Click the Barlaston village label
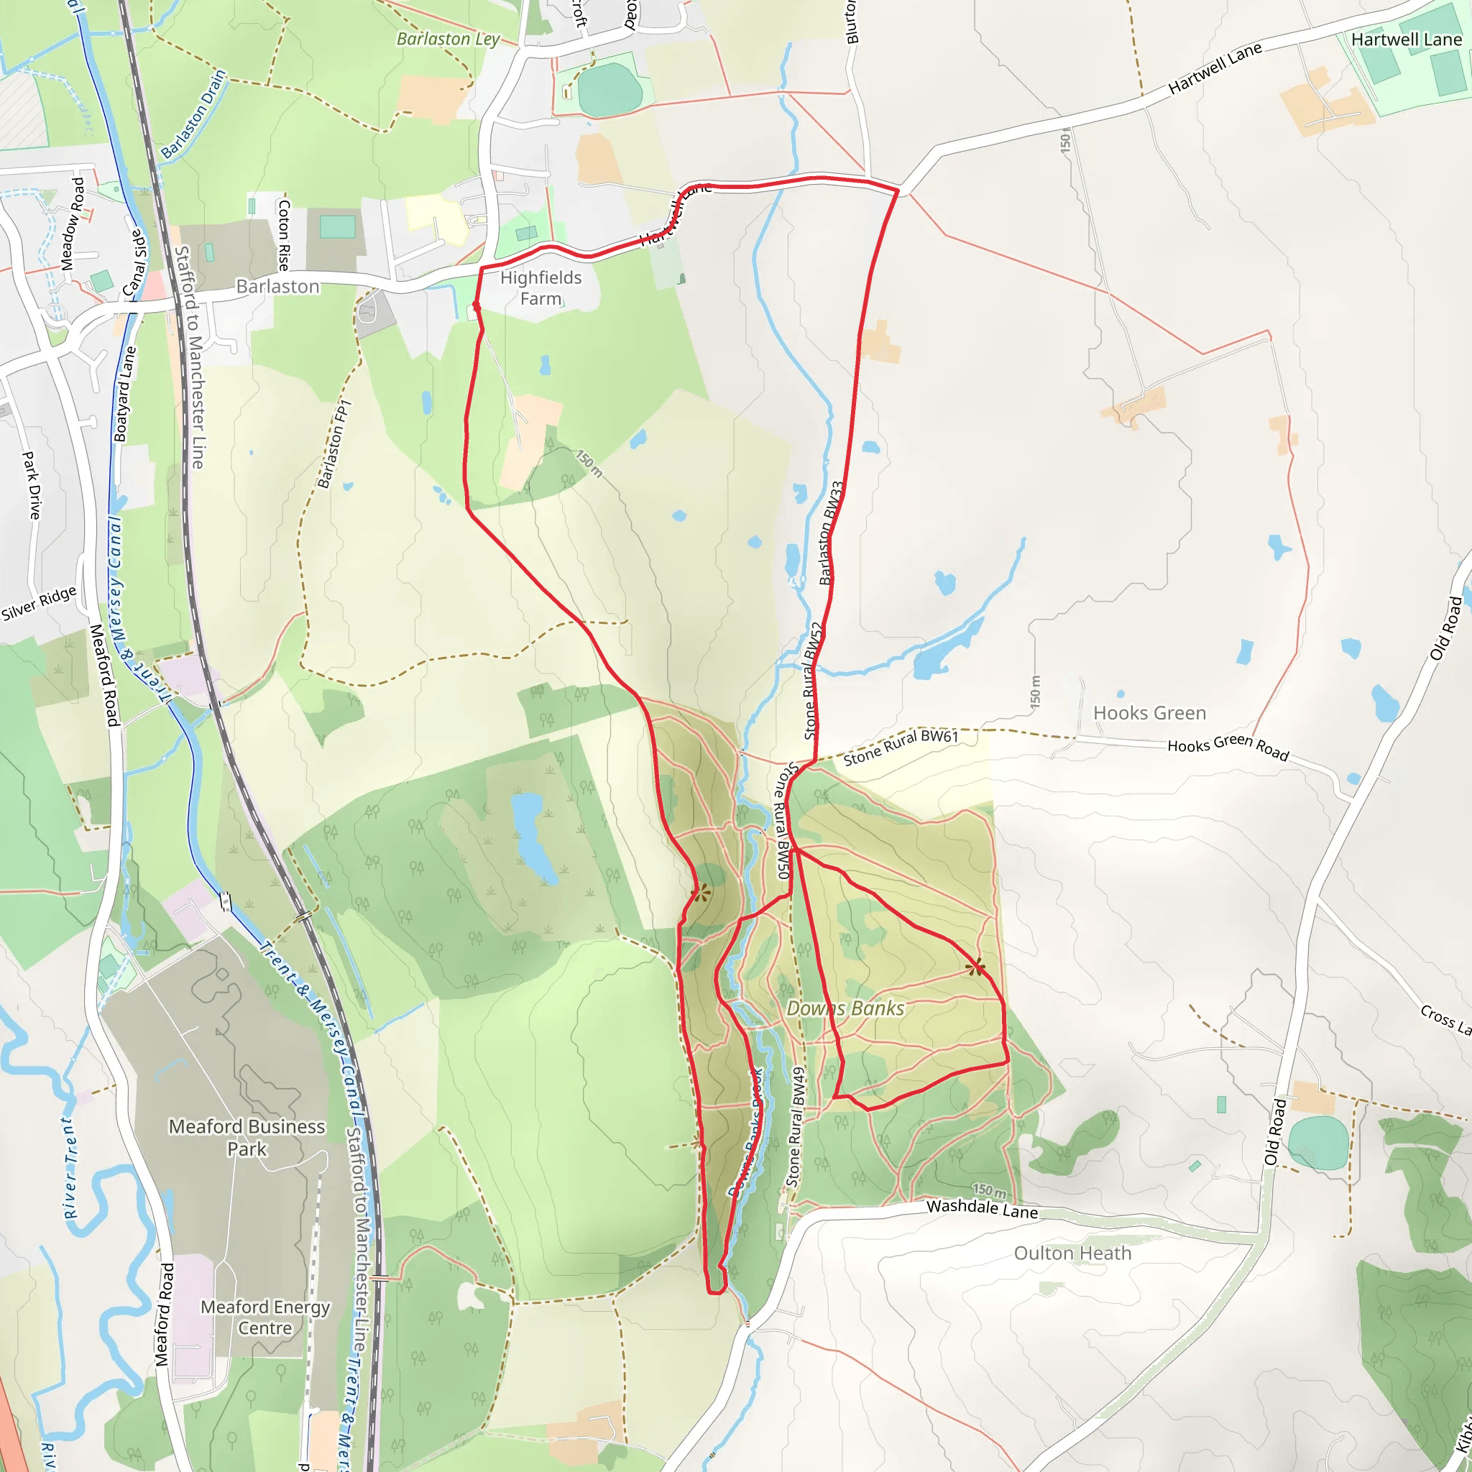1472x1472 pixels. point(277,287)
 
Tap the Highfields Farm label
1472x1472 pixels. point(540,288)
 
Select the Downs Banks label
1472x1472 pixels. point(845,1008)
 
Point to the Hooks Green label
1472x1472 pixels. point(1149,713)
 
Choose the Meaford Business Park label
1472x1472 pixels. point(247,1138)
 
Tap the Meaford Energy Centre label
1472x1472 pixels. point(265,1317)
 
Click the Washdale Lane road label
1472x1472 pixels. point(981,1208)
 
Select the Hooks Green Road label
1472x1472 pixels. point(1228,747)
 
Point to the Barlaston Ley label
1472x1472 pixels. point(448,39)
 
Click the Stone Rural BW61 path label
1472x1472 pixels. point(900,747)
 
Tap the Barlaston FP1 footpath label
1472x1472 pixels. point(333,444)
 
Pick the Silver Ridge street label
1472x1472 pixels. point(39,602)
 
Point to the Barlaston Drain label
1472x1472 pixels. point(193,114)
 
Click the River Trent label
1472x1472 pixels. point(70,1168)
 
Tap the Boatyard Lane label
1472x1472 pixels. point(124,394)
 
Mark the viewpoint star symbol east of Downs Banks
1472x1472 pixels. point(975,967)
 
